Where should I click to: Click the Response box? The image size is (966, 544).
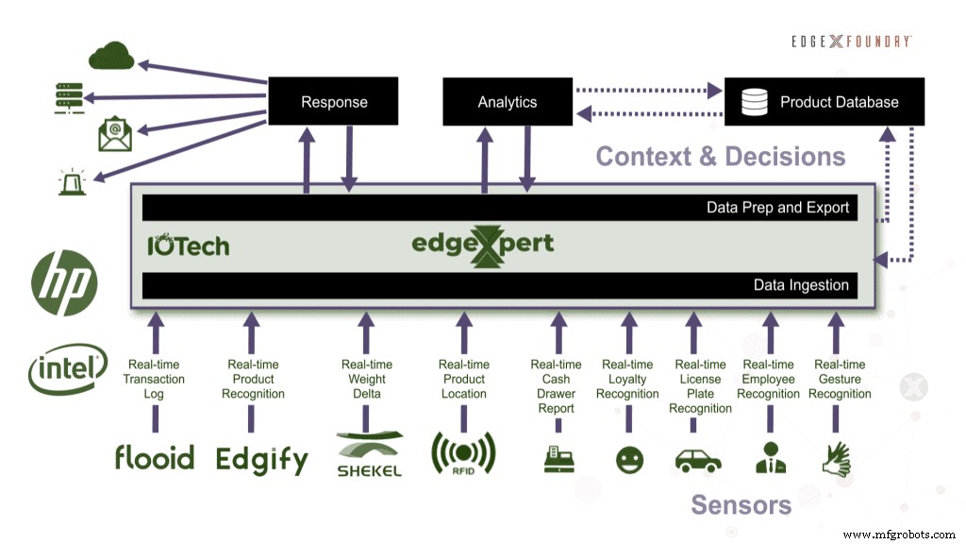[334, 102]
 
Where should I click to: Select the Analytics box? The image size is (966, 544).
[508, 102]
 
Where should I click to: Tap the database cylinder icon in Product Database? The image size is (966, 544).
[755, 101]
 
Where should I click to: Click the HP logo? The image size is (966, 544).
[64, 281]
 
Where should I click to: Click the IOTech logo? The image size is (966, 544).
[188, 246]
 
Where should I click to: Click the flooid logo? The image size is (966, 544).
[154, 458]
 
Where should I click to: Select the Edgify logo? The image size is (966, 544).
[262, 460]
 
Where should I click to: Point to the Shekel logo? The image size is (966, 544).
[369, 454]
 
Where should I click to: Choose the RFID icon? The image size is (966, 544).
[463, 454]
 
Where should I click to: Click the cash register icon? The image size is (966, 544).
[558, 460]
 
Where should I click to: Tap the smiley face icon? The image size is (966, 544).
[628, 461]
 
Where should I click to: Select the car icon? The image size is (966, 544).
[698, 461]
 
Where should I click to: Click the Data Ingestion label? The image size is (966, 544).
[801, 285]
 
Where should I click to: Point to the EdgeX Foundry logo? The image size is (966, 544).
[852, 42]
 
